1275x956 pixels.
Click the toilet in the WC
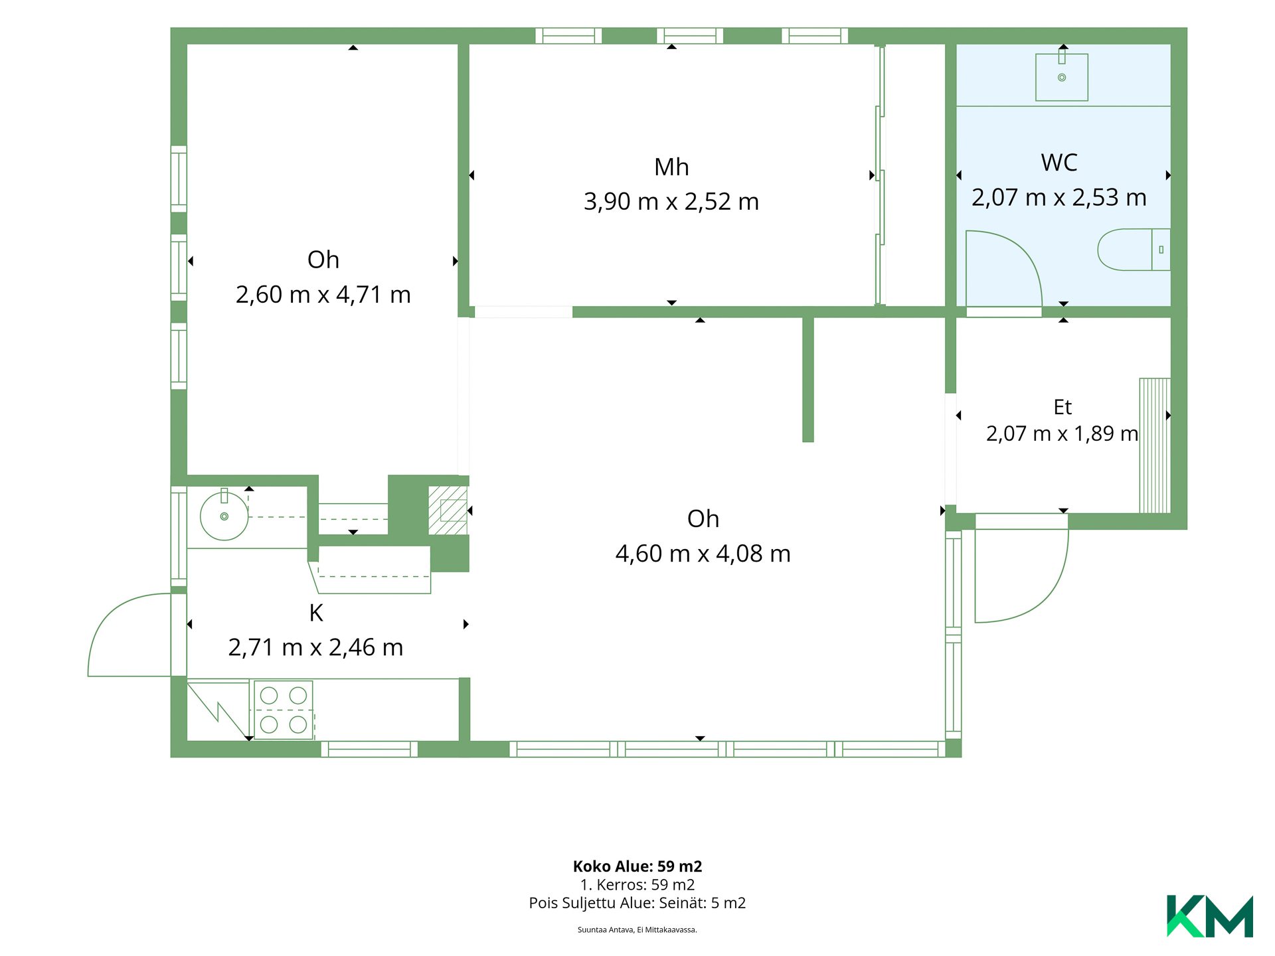click(1134, 250)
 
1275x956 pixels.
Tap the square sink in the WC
click(1062, 77)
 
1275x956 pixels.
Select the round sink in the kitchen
click(224, 516)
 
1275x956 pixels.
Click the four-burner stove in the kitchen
click(284, 710)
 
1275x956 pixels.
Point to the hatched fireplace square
click(448, 510)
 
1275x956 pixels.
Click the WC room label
click(1059, 163)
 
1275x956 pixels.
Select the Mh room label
click(671, 167)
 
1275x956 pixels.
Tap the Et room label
click(1062, 407)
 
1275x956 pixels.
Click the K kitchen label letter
click(316, 613)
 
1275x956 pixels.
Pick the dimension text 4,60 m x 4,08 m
click(703, 554)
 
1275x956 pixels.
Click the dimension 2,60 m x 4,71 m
click(323, 295)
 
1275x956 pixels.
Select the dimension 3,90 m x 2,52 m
click(671, 202)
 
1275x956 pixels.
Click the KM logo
click(1210, 916)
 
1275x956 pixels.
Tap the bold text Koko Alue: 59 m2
click(637, 866)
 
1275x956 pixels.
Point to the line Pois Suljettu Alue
click(637, 903)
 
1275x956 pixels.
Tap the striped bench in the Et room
click(1155, 445)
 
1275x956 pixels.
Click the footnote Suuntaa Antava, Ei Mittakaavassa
click(637, 930)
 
